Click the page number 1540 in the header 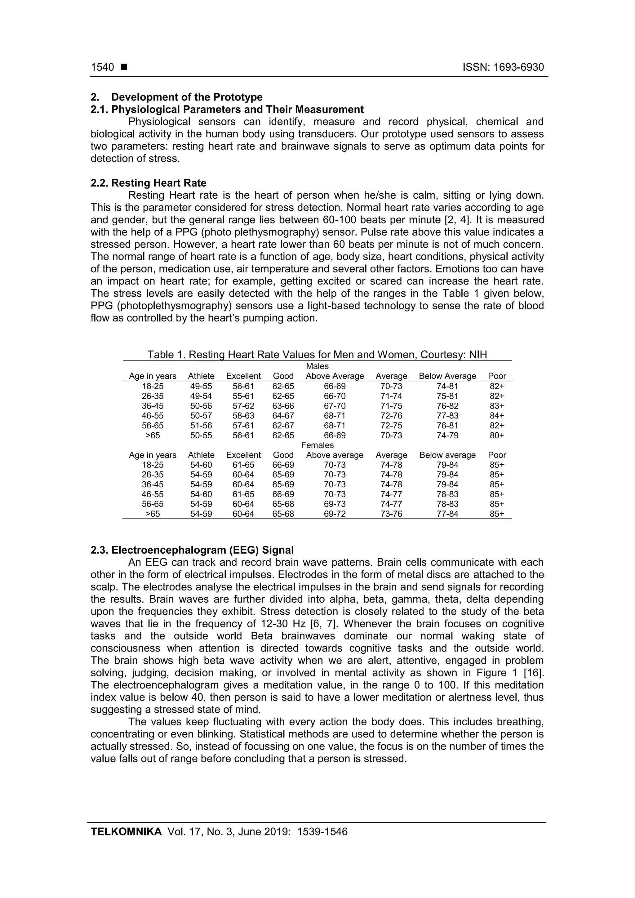103,67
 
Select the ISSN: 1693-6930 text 503,67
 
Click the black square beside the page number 124,67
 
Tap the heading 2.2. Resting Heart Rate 149,183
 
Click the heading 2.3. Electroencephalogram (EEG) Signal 192,550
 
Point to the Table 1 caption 317,354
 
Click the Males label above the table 317,366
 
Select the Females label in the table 317,445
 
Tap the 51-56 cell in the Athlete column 201,426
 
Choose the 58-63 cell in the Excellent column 243,416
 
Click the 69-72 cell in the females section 335,514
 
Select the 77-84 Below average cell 448,514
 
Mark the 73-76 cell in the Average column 391,514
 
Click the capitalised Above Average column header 335,376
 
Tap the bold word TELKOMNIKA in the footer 126,832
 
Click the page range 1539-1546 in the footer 322,832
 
